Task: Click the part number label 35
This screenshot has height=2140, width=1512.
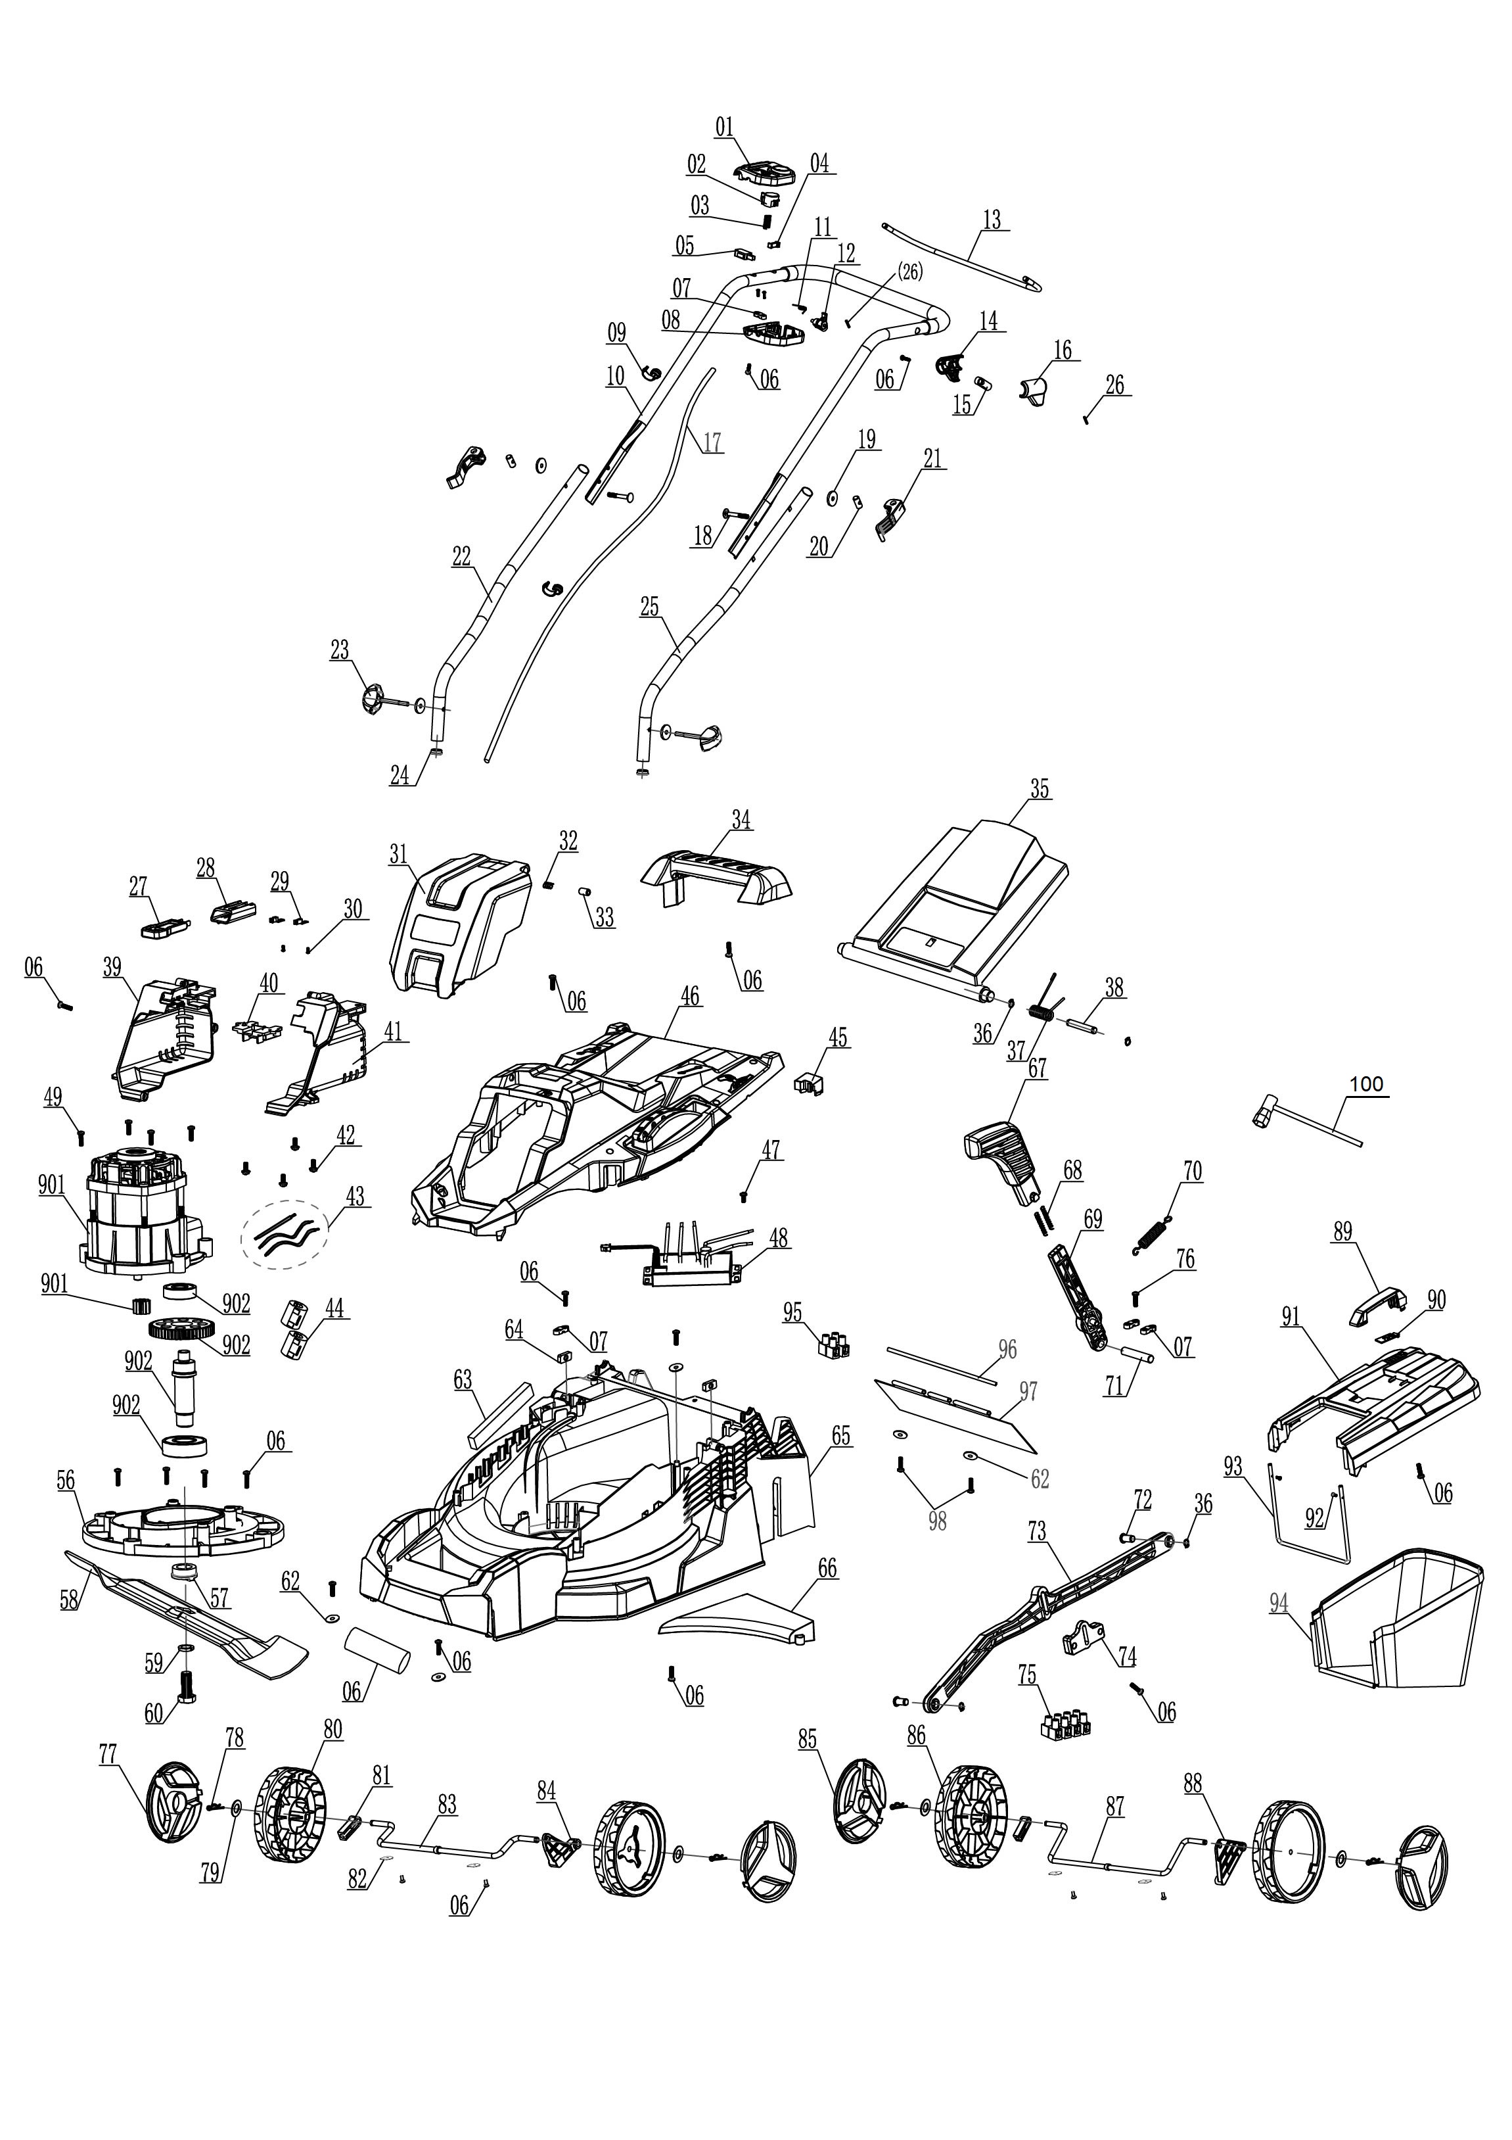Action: click(1039, 788)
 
